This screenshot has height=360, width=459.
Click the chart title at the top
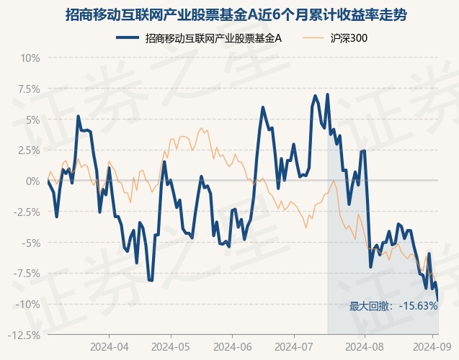(x=229, y=14)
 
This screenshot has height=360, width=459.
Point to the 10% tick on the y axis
(x=29, y=58)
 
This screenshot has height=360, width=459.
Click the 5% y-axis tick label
(x=31, y=120)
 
